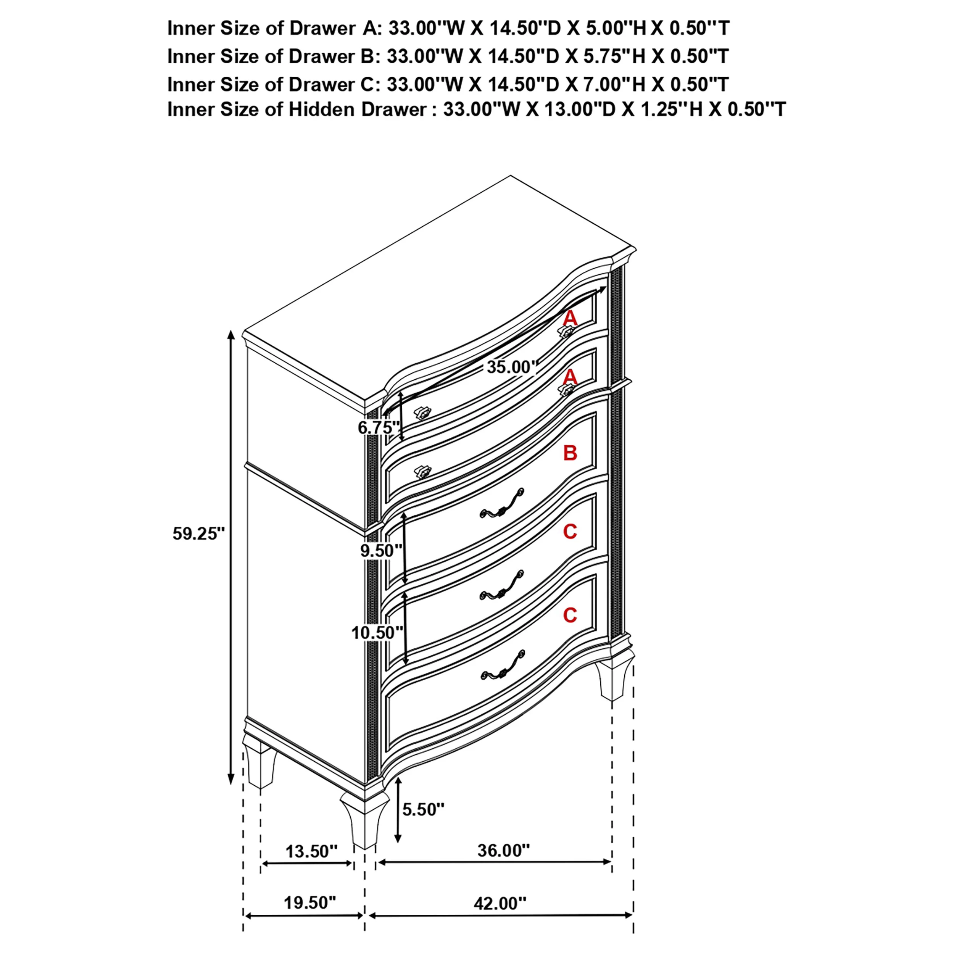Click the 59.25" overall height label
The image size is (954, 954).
point(198,534)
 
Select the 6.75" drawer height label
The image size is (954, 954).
point(378,427)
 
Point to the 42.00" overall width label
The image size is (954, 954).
point(500,903)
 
